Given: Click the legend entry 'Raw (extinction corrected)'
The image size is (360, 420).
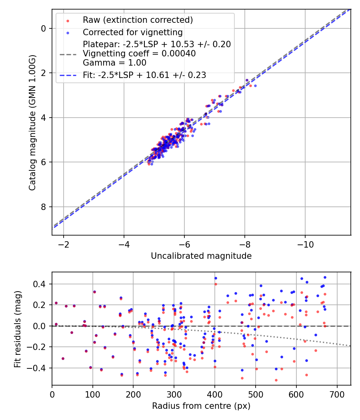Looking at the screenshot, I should coord(138,20).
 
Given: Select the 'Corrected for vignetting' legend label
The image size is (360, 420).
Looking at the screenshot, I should coord(132,32).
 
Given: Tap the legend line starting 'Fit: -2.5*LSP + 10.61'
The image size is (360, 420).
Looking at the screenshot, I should coord(144,75).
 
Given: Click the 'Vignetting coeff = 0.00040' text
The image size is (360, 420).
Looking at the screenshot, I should coord(139,54).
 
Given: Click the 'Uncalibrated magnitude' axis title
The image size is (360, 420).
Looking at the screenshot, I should coord(201,256).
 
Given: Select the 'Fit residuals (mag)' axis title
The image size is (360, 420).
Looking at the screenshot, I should coord(17,328).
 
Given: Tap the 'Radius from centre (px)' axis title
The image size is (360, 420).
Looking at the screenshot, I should coord(201,406).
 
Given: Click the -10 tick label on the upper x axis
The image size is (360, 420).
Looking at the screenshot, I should coord(305,244).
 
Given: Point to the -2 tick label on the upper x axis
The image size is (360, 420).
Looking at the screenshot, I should coord(63,244).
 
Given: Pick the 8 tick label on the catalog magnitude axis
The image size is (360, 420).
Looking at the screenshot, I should coord(44,207).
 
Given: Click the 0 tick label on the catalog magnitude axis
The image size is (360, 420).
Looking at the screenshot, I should coord(44,28).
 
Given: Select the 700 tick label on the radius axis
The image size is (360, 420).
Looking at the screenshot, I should coord(337,394).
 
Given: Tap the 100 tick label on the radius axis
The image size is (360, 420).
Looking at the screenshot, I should coord(93,394).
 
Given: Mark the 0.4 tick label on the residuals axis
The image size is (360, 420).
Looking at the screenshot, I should coord(40,284).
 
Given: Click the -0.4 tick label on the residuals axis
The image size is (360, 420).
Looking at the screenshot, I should coord(38,368).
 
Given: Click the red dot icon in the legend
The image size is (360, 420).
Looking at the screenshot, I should coord(68,20).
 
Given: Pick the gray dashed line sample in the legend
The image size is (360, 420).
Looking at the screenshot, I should coord(68,54).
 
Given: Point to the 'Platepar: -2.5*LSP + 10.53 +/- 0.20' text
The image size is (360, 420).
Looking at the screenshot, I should coord(156,44).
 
